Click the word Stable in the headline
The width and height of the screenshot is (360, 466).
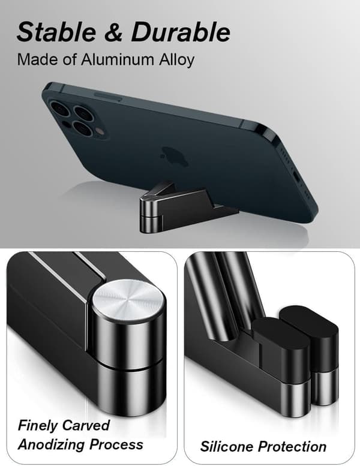tap(56, 32)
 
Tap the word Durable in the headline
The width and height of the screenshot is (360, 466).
tap(181, 32)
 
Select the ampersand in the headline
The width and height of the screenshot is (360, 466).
tap(113, 32)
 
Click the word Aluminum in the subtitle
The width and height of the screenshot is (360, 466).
tap(118, 59)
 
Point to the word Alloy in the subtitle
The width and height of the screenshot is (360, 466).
tap(176, 61)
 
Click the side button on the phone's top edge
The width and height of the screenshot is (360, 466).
tap(107, 97)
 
